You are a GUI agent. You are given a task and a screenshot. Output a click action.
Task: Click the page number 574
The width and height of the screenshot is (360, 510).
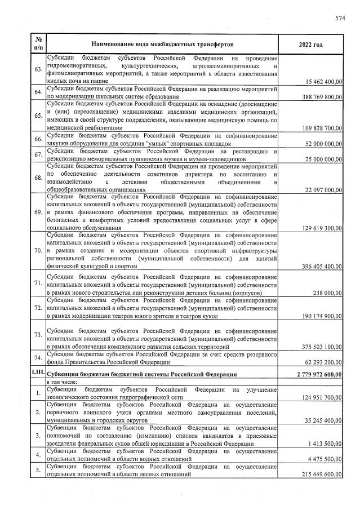340,18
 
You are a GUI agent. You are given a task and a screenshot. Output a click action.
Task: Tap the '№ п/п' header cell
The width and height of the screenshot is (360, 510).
38,44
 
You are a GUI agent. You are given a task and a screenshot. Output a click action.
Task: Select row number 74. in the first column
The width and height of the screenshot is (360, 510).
38,358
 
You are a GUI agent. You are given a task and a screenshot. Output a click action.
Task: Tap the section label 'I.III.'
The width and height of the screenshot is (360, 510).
38,373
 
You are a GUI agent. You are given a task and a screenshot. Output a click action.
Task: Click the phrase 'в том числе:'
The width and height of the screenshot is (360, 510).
63,382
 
